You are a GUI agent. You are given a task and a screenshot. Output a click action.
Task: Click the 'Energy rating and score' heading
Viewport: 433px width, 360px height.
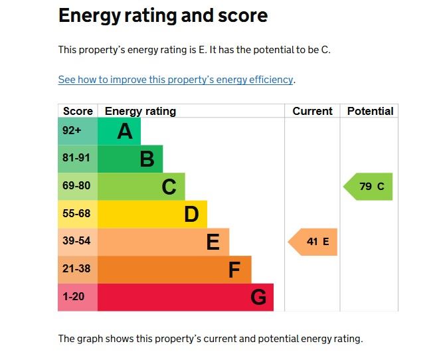163,16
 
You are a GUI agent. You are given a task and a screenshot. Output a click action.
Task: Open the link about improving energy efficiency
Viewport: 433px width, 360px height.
175,80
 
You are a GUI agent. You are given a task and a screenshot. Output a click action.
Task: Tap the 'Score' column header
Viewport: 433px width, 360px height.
78,111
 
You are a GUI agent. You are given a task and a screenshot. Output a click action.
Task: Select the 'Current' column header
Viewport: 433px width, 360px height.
312,111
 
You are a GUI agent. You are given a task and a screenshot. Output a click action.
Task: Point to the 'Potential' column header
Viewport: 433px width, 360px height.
370,111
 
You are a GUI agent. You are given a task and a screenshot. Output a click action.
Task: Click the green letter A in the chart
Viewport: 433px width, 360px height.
125,132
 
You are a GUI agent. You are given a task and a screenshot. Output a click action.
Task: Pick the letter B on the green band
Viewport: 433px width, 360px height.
147,159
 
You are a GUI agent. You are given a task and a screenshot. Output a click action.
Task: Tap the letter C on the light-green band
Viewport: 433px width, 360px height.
169,187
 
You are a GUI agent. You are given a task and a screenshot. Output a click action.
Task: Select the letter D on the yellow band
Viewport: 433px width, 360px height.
191,215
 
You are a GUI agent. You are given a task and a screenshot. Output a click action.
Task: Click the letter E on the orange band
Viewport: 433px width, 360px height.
213,242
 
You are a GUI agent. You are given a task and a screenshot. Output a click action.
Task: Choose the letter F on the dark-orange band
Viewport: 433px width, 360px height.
234,270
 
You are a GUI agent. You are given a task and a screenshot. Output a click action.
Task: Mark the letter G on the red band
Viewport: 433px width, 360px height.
258,298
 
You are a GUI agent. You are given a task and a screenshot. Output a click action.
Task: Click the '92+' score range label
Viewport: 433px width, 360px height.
72,132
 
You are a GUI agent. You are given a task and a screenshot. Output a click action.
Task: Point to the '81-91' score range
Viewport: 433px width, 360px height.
76,159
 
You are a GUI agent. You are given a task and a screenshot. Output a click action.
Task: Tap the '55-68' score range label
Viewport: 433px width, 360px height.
76,215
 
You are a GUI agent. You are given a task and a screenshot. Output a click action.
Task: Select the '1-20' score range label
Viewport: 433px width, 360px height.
74,297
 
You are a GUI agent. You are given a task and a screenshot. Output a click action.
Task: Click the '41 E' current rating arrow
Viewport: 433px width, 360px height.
313,242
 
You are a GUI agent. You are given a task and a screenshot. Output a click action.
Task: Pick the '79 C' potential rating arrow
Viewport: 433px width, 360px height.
369,187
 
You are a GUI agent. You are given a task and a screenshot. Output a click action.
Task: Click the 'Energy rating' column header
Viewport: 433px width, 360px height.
140,111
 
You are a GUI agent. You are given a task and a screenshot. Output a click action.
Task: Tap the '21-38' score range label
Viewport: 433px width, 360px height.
76,270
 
